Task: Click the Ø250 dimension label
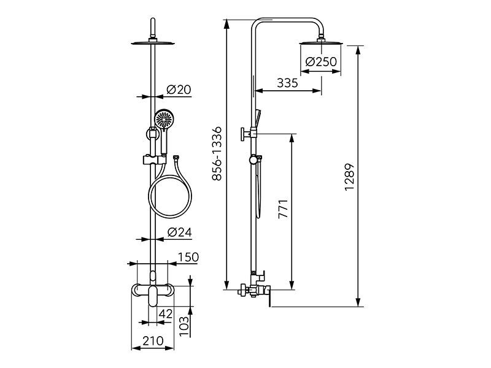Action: tap(321, 62)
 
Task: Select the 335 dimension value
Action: tap(287, 83)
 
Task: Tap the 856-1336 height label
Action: tap(217, 154)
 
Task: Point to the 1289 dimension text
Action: tap(349, 177)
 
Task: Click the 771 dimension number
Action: tap(283, 209)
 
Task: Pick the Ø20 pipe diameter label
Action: tap(179, 90)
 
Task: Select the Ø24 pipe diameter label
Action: tap(179, 232)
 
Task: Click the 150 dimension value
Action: tap(188, 257)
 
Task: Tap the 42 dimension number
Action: tap(165, 313)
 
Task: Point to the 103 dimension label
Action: tap(184, 326)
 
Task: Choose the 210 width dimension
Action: tap(153, 341)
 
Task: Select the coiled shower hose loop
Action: tap(170, 197)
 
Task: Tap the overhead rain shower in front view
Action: tap(153, 43)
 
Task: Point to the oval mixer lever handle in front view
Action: tap(153, 296)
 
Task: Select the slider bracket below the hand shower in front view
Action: tap(154, 159)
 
